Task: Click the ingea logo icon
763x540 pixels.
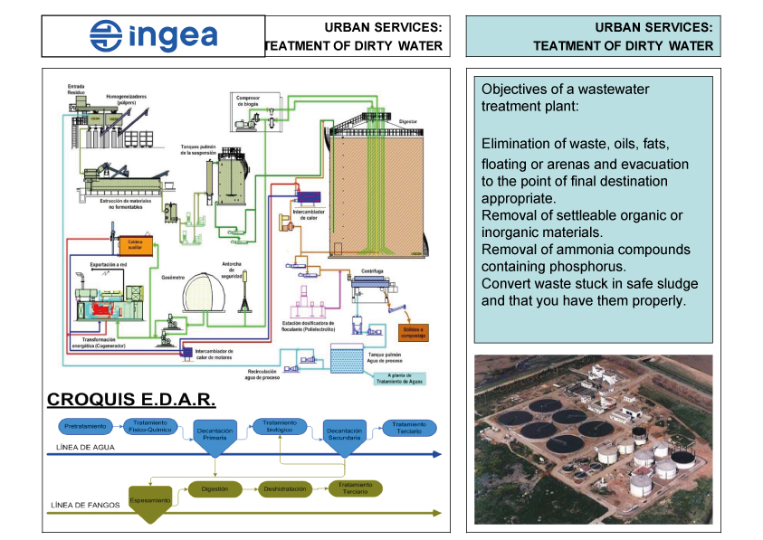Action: (106, 36)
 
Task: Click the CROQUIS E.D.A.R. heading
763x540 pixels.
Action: (130, 399)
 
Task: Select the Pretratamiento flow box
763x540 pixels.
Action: (85, 425)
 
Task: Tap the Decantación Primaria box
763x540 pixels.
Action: (215, 435)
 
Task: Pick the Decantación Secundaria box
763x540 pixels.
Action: (345, 435)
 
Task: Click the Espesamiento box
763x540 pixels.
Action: (150, 500)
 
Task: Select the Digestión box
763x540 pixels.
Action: (215, 488)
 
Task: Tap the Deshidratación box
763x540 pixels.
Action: (286, 488)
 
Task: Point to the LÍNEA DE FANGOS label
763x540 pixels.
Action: (85, 505)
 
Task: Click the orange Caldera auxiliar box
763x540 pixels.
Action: (133, 244)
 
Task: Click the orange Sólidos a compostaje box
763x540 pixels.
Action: (411, 332)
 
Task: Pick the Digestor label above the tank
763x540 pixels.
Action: (407, 119)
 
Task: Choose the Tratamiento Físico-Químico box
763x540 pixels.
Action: (150, 425)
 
